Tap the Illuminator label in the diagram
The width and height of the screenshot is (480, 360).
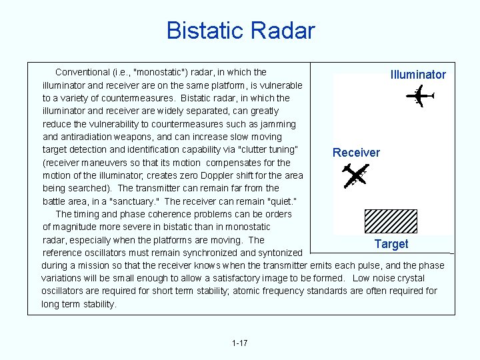coord(418,75)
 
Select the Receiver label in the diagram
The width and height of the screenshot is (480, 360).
coord(356,153)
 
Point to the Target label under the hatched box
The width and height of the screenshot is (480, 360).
coord(391,244)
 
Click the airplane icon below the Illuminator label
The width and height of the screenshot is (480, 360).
coord(419,97)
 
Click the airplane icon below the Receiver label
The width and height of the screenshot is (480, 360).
coord(354,176)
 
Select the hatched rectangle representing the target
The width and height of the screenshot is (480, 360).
coord(391,221)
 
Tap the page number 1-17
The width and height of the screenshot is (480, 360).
coord(240,343)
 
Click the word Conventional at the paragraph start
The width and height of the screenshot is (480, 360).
coord(83,72)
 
